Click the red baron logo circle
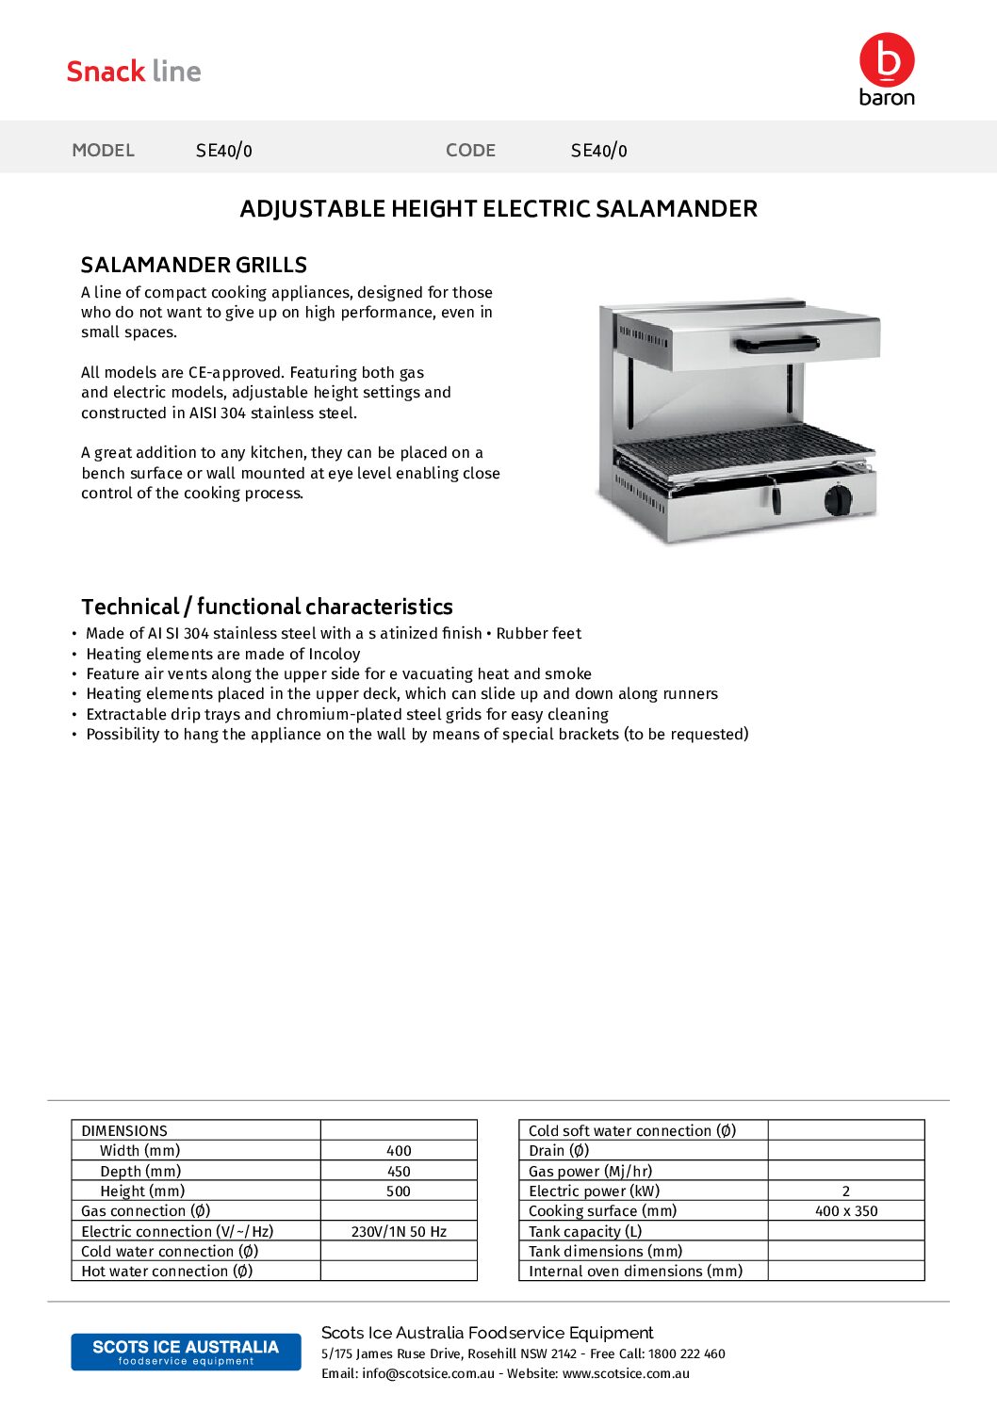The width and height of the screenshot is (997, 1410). coord(887,59)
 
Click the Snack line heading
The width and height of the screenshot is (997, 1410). coord(134,72)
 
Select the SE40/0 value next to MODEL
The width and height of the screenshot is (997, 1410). coord(224,151)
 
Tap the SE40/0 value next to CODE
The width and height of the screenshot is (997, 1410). coord(599,151)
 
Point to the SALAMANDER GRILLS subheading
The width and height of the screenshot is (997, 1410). coord(194,265)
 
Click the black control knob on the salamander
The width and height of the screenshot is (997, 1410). coord(837,498)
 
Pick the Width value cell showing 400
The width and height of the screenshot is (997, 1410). coord(399,1151)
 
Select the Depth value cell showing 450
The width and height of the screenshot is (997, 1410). coord(399,1172)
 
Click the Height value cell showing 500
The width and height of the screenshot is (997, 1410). coord(399,1191)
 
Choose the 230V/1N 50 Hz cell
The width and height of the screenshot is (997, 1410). coord(399,1232)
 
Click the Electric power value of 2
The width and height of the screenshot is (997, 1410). coord(846,1191)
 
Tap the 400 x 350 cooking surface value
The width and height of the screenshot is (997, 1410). coord(846,1211)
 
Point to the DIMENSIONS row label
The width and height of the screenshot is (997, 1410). coord(124,1131)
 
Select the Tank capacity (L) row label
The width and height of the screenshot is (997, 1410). coord(585,1232)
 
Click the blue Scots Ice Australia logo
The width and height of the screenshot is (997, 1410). coord(186,1352)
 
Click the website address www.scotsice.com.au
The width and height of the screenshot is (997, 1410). coord(626,1374)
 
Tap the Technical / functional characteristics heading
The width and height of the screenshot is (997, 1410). coord(267,607)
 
